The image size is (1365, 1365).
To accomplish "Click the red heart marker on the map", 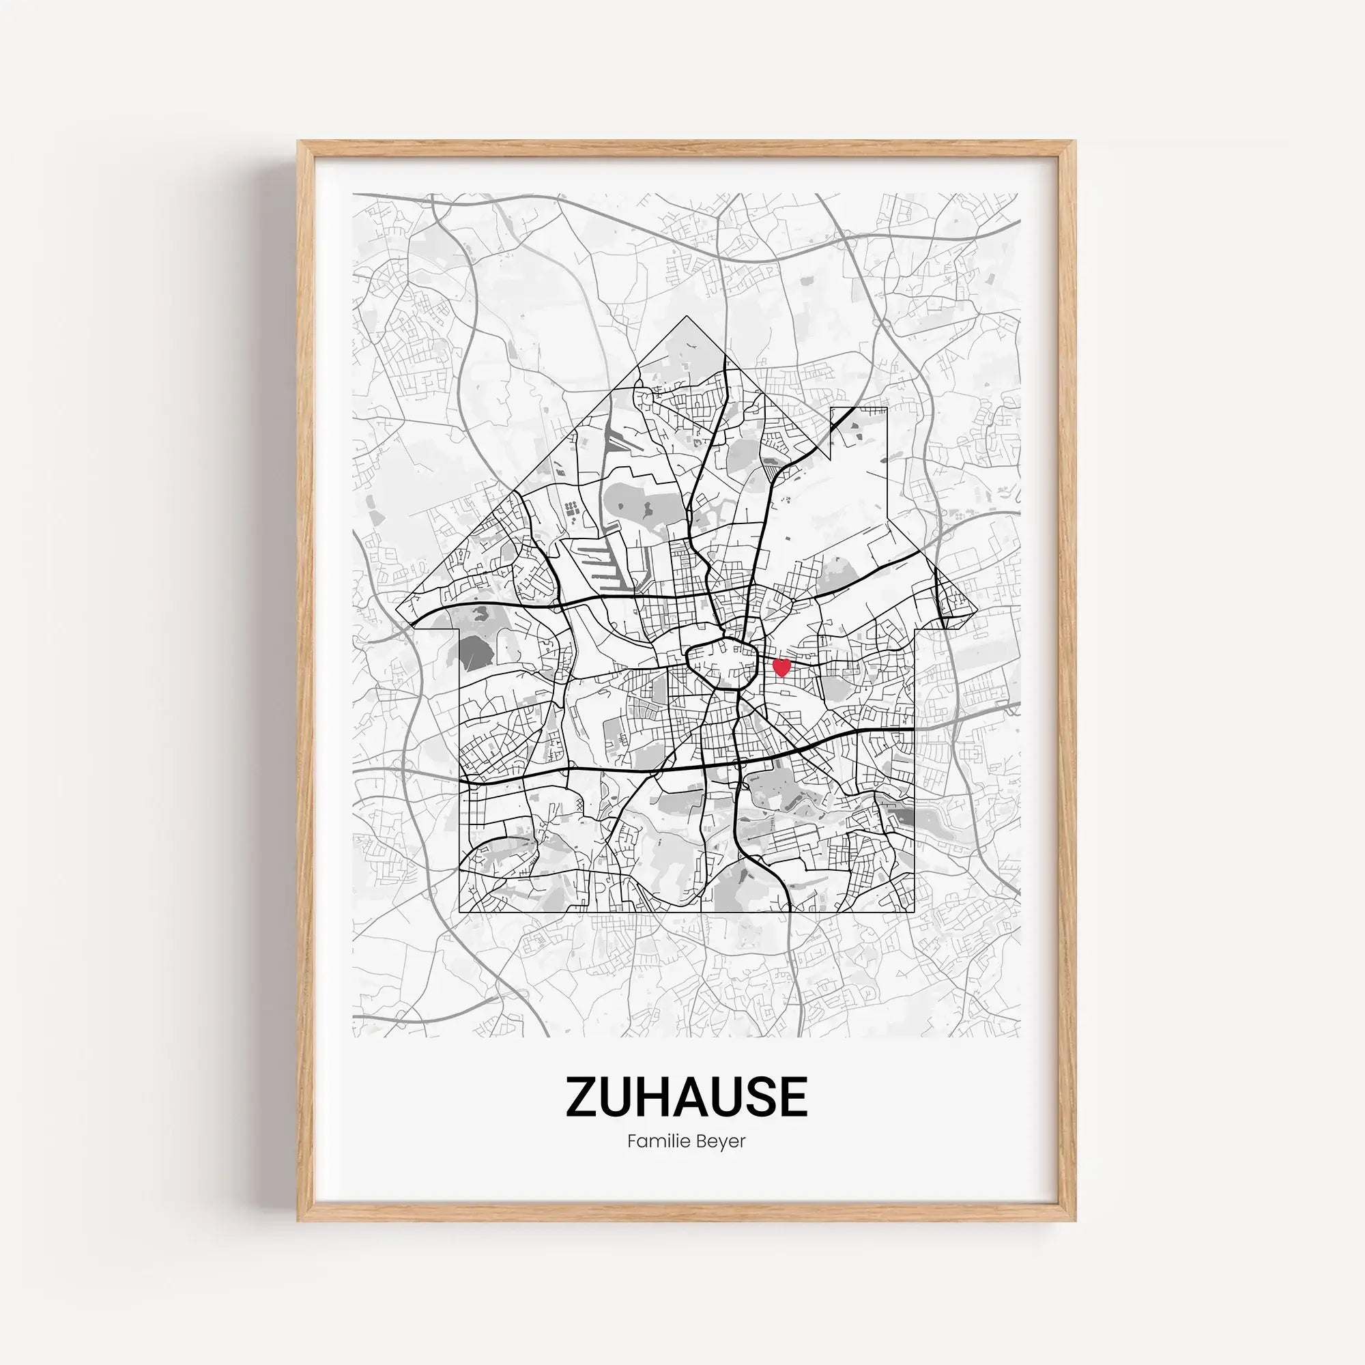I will [781, 667].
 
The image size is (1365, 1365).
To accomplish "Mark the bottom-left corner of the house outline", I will [460, 913].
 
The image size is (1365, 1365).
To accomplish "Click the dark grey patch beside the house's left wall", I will [477, 650].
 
